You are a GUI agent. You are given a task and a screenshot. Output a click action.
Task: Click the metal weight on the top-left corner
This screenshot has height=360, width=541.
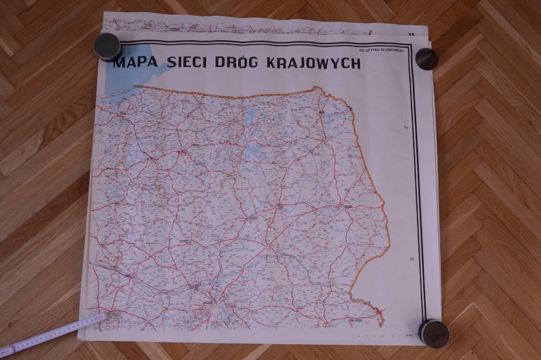(x=107, y=46)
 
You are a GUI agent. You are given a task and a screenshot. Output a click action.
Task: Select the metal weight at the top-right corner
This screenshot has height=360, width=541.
(x=427, y=58)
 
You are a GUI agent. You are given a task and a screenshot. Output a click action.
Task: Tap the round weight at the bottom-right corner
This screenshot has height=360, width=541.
(x=434, y=333)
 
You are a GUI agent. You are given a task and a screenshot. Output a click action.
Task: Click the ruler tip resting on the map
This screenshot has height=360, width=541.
(x=101, y=317)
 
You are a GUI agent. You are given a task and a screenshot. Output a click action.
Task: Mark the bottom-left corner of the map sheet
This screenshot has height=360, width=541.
(x=79, y=338)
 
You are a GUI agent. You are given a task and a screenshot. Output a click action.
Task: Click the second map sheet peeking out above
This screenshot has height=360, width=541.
(x=238, y=24)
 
